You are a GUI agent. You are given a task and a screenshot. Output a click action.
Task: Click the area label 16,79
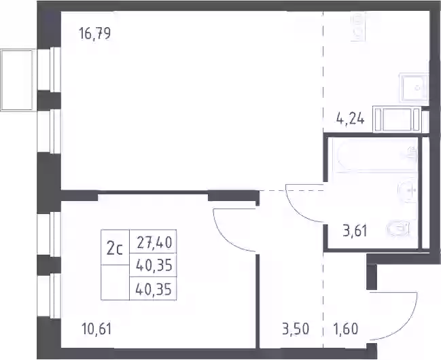click(94, 33)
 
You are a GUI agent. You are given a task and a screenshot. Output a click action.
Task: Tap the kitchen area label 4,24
click(351, 120)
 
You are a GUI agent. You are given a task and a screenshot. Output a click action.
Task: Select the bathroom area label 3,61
click(355, 232)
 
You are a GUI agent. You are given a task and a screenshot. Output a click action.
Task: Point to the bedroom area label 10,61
click(96, 329)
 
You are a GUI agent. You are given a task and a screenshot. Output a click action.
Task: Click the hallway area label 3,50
click(296, 329)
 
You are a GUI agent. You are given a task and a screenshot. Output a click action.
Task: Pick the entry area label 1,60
click(346, 329)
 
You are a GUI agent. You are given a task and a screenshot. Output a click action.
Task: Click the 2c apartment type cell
click(115, 247)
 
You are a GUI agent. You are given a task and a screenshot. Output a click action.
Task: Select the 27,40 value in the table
click(154, 242)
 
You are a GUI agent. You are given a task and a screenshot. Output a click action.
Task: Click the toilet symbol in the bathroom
click(399, 228)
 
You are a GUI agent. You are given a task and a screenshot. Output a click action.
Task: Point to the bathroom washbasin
click(407, 192)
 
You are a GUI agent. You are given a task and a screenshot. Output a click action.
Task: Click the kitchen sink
click(414, 88)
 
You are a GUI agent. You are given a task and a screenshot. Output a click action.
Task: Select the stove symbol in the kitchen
click(359, 26)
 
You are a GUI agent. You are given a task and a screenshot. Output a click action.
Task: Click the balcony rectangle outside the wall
click(18, 80)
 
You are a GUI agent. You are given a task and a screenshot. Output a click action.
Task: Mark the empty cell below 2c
click(115, 283)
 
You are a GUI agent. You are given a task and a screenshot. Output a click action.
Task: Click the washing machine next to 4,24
click(397, 120)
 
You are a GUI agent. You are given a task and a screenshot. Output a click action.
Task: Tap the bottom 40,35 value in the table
click(154, 289)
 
